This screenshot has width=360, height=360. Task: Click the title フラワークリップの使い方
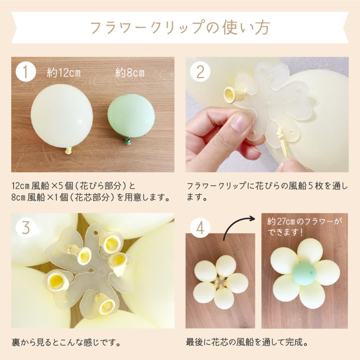180,28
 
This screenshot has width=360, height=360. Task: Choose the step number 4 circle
200,228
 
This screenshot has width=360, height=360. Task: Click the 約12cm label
64,73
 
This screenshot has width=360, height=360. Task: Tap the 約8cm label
130,73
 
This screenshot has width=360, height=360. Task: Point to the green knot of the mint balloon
128,140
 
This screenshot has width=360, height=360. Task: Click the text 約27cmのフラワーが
304,221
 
